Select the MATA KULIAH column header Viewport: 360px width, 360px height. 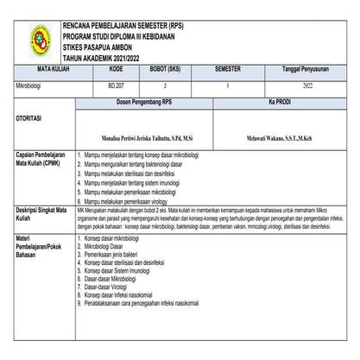(x=45, y=66)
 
